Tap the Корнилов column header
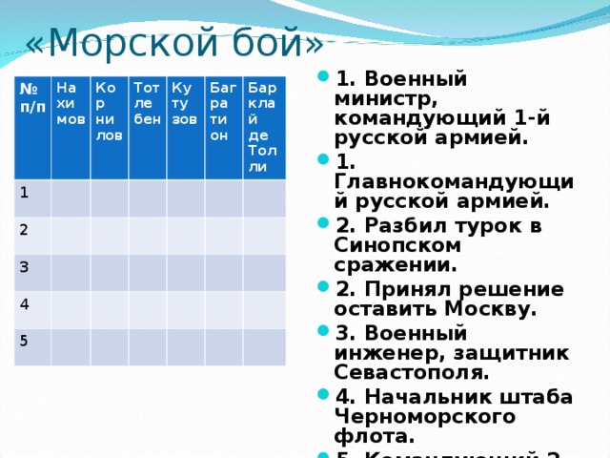coord(109,111)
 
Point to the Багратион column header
coord(223,111)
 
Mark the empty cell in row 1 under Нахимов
coord(71,199)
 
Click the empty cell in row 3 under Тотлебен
coord(148,273)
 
